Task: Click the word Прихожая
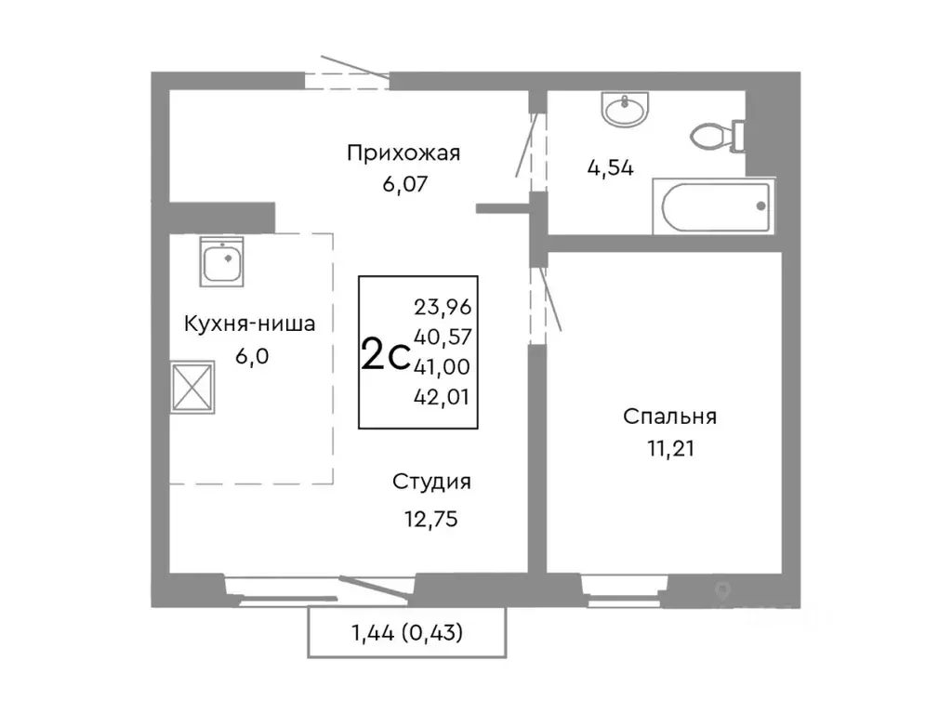point(403,153)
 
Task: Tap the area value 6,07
point(403,185)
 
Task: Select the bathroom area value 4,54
point(610,169)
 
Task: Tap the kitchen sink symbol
point(222,261)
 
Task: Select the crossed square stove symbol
point(194,386)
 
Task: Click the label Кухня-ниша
point(249,324)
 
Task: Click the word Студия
point(430,482)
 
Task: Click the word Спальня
point(669,417)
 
